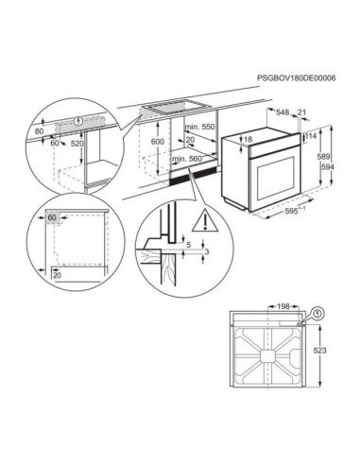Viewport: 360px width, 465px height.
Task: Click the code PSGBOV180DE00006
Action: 296,77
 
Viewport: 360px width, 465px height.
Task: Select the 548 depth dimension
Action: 283,112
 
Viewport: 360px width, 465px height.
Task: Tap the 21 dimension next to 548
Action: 301,112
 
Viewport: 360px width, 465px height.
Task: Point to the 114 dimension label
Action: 311,136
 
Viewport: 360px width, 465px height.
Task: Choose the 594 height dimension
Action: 328,167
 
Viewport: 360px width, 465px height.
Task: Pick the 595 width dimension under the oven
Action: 291,212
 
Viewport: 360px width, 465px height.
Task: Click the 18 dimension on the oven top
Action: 249,139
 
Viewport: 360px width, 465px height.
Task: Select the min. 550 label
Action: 199,127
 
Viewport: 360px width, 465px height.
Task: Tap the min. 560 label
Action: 187,159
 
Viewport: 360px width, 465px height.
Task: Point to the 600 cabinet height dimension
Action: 158,142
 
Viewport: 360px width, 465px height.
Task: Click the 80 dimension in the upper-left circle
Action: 39,130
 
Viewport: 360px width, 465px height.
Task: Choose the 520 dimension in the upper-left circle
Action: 77,144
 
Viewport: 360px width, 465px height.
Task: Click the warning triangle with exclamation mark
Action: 205,219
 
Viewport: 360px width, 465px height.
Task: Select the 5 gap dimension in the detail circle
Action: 189,245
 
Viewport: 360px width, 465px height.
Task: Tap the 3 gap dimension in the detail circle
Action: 207,251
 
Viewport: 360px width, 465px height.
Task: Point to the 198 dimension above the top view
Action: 283,306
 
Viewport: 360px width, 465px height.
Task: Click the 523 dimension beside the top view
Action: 319,351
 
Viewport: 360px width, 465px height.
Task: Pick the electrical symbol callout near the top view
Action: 318,314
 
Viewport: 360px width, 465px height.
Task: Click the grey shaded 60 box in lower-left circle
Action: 52,217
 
